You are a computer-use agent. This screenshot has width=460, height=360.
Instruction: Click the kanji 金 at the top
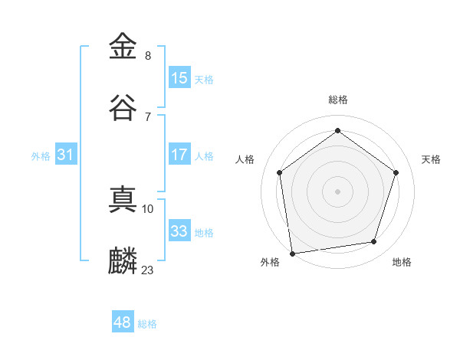123,47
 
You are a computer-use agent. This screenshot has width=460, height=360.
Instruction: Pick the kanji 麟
123,260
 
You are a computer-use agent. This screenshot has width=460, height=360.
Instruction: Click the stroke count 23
148,270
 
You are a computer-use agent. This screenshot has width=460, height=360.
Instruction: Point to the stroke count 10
148,208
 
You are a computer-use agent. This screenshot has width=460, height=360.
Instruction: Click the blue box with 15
179,78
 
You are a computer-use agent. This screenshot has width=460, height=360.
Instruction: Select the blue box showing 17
179,155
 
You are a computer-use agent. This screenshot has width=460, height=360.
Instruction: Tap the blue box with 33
179,231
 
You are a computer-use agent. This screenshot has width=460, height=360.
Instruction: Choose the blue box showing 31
66,155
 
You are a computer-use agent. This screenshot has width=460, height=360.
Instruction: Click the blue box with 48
123,322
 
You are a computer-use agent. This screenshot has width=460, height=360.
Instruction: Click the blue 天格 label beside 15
204,80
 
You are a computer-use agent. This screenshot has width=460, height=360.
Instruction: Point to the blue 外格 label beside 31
41,156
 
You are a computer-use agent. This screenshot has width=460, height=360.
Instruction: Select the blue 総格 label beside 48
147,324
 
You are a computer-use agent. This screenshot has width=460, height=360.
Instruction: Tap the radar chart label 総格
337,100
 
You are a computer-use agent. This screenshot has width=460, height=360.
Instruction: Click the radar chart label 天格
431,159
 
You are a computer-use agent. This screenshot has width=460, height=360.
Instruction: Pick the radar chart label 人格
245,159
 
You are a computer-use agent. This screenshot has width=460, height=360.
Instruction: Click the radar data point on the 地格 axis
374,242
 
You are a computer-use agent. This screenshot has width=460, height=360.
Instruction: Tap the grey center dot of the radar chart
337,191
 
